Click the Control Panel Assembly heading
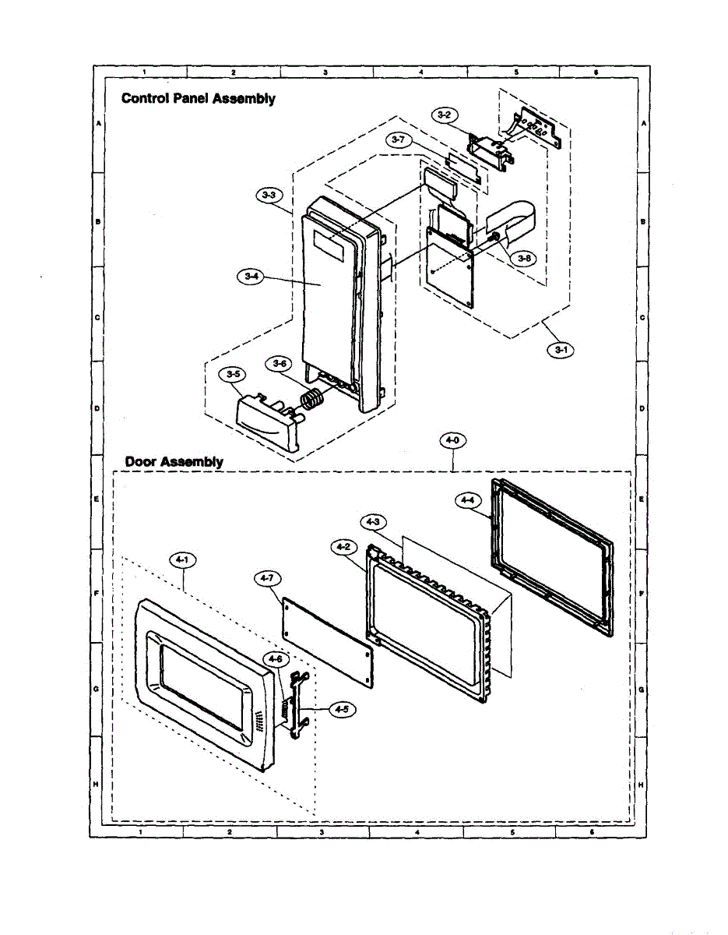(x=197, y=99)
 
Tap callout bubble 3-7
(x=399, y=139)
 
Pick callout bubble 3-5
(x=232, y=375)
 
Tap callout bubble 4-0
(x=452, y=441)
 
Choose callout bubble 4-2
(x=343, y=548)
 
